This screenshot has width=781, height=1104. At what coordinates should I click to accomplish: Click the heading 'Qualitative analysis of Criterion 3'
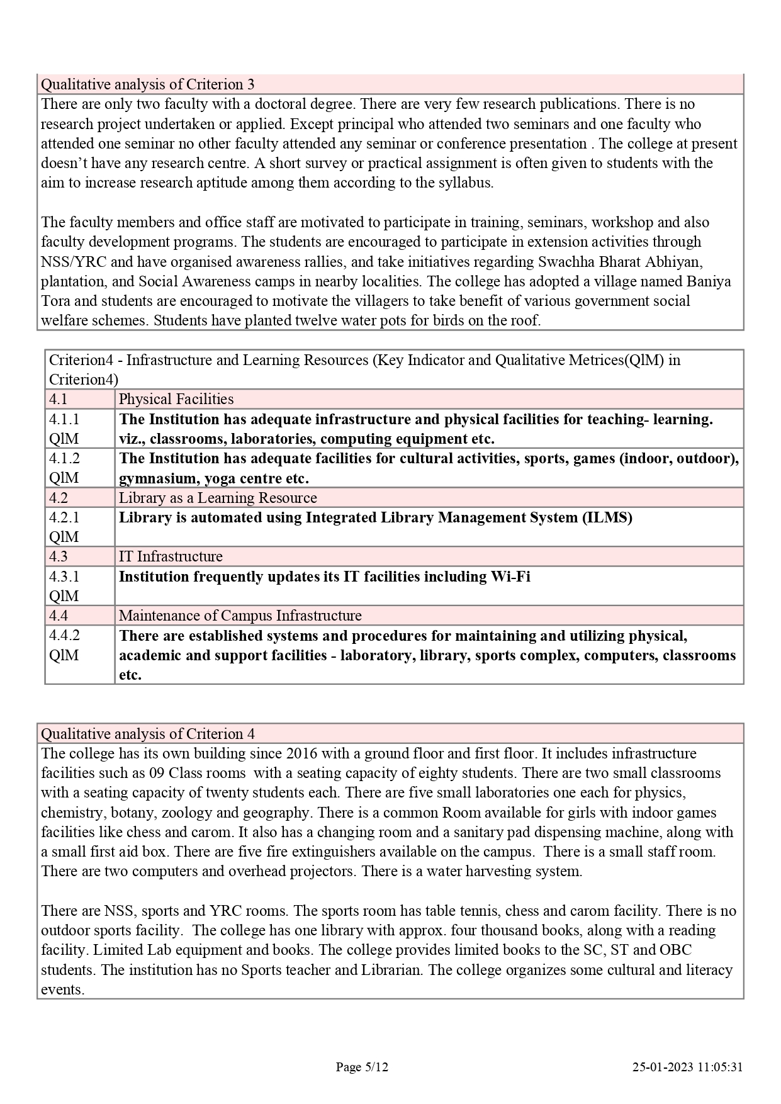click(147, 84)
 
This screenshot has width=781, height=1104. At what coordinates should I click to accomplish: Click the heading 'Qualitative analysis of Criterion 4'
click(147, 734)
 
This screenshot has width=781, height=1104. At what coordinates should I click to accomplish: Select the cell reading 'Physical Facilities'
click(176, 399)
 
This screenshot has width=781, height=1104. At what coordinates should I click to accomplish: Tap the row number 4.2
click(59, 498)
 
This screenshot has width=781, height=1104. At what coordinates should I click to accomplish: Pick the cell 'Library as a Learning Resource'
click(218, 498)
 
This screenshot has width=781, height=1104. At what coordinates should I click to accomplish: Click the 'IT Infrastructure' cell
click(171, 556)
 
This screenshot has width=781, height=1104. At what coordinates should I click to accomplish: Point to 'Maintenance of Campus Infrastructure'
click(240, 616)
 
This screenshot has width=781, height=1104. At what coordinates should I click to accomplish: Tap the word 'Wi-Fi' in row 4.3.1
click(510, 577)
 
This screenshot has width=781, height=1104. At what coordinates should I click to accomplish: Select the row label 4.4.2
click(65, 635)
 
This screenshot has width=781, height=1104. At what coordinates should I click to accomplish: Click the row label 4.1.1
click(65, 419)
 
